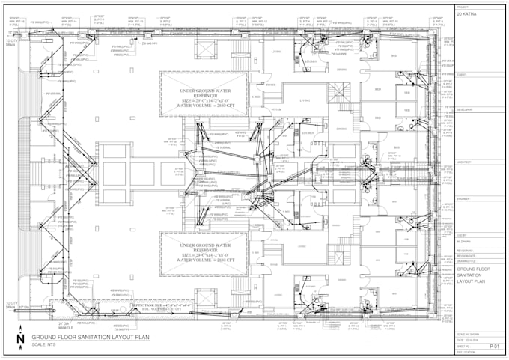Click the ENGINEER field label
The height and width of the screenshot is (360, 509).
click(x=463, y=198)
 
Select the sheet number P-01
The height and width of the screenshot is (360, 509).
click(x=494, y=347)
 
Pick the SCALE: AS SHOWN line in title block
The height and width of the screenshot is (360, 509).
click(x=469, y=334)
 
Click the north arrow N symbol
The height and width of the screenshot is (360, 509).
click(x=19, y=339)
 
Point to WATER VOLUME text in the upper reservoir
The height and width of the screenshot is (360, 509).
click(x=202, y=106)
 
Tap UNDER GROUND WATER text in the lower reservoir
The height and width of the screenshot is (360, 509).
click(x=202, y=245)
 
